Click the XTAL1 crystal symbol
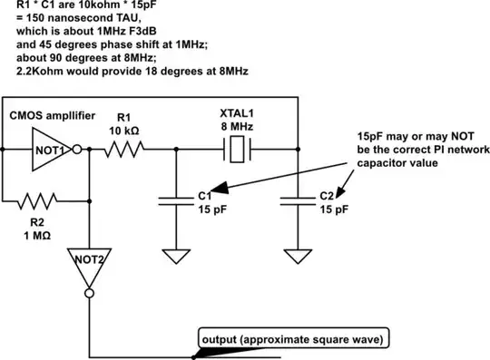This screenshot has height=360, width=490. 237,151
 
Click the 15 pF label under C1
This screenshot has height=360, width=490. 212,209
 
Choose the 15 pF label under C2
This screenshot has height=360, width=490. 334,209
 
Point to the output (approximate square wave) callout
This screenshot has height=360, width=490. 293,340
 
